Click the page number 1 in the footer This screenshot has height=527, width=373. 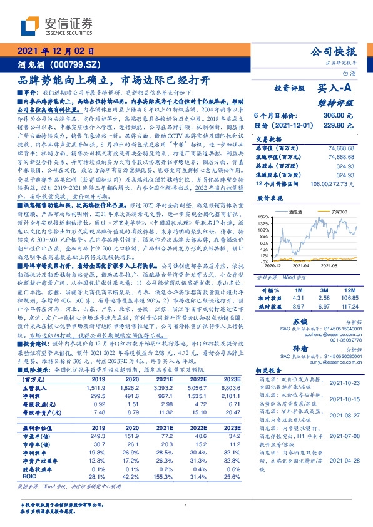click(x=186, y=507)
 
